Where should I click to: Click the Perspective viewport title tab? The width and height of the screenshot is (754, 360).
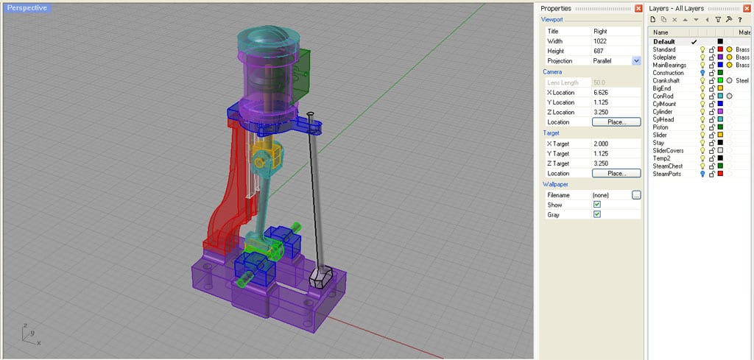pyautogui.click(x=27, y=7)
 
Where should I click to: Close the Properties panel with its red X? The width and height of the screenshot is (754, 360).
pyautogui.click(x=638, y=8)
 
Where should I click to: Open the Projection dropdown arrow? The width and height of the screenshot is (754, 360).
pyautogui.click(x=636, y=61)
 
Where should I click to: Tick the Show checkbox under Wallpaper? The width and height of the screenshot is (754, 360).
pyautogui.click(x=597, y=204)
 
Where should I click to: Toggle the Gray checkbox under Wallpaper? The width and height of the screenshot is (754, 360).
pyautogui.click(x=597, y=214)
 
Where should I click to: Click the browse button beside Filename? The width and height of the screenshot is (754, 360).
pyautogui.click(x=636, y=194)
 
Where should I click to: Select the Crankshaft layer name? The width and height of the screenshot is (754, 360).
pyautogui.click(x=666, y=80)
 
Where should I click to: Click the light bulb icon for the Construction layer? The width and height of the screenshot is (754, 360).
pyautogui.click(x=702, y=73)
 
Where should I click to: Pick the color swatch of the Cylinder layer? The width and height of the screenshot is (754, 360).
pyautogui.click(x=720, y=112)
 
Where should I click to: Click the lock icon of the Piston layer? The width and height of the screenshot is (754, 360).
pyautogui.click(x=711, y=127)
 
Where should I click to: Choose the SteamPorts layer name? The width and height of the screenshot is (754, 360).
pyautogui.click(x=667, y=174)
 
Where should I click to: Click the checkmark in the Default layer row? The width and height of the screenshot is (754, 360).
pyautogui.click(x=694, y=42)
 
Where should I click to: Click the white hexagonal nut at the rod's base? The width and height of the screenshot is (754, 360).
pyautogui.click(x=321, y=277)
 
